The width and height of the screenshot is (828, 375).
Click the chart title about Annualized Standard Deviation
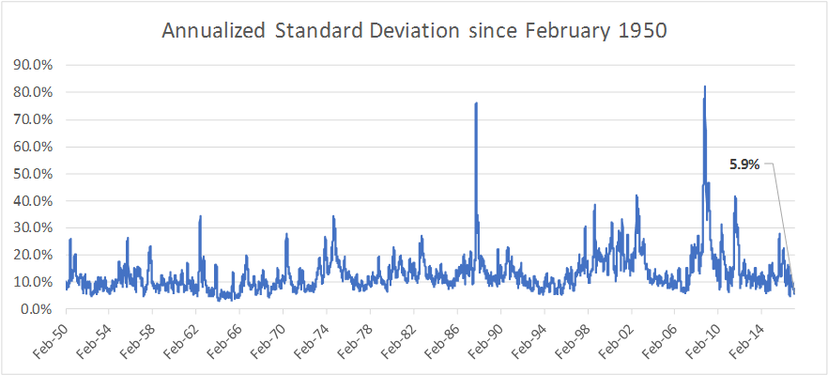[x=414, y=30]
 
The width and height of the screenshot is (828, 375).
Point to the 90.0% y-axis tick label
[x=32, y=65]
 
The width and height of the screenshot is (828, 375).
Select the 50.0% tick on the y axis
[x=32, y=174]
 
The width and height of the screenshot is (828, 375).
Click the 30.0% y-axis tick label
[x=32, y=228]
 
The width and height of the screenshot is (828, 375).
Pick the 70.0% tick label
[x=32, y=119]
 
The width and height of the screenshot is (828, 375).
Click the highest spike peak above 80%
[x=704, y=86]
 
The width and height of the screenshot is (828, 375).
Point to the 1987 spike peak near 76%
[x=476, y=103]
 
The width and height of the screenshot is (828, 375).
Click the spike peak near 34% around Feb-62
[x=200, y=216]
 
